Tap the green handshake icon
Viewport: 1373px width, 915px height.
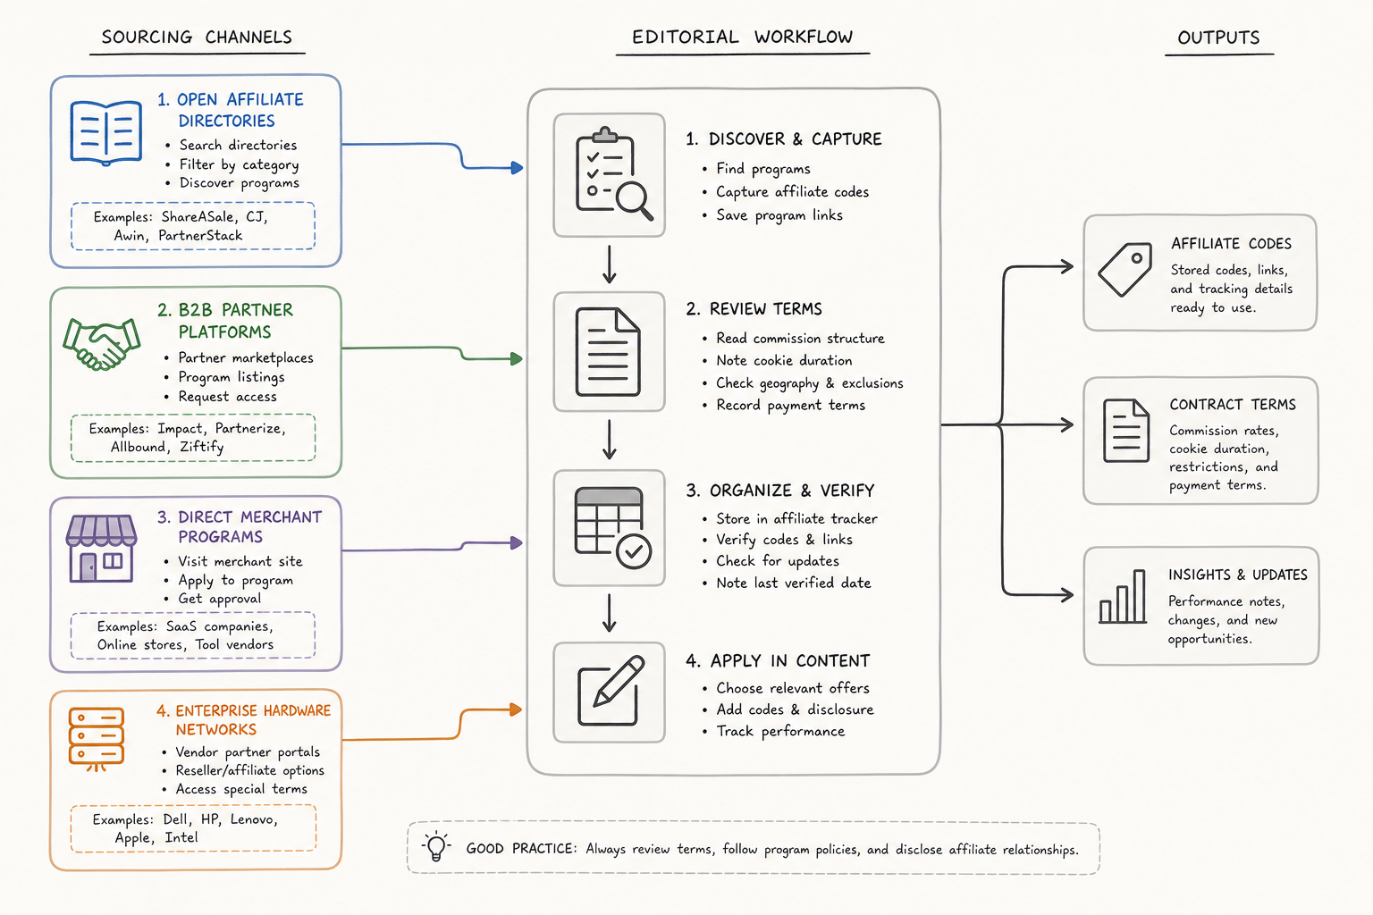(102, 343)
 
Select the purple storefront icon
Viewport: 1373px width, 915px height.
(101, 548)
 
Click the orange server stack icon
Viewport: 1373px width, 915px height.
(97, 738)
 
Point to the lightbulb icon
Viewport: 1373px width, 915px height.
(436, 846)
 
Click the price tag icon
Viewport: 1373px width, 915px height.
(1125, 270)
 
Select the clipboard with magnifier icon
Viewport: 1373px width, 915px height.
(613, 173)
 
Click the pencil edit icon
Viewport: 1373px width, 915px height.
(611, 691)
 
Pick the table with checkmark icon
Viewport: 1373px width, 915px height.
(612, 528)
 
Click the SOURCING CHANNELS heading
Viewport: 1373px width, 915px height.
(197, 38)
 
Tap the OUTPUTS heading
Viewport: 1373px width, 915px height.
(1218, 38)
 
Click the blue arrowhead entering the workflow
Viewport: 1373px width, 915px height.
(517, 167)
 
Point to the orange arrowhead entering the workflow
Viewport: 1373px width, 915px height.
(516, 709)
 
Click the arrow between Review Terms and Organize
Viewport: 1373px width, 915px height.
(610, 440)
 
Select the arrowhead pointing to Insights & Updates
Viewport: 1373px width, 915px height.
(1067, 594)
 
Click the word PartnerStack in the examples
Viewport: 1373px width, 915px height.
(200, 235)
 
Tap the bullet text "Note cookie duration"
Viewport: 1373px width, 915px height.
(784, 360)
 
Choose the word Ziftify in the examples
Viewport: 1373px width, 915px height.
(202, 447)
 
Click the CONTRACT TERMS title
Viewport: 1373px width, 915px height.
(1233, 405)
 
